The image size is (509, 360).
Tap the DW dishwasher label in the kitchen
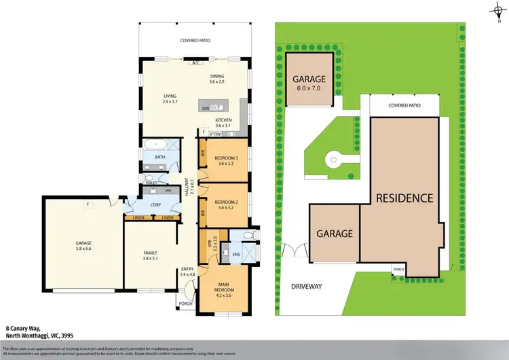205,107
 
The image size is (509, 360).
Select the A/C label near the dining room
195,62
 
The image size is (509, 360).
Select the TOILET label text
151,183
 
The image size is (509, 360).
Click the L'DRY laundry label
154,205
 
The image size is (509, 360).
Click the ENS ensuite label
237,255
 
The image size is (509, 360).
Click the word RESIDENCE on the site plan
405,198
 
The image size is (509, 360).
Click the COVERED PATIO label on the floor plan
194,41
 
